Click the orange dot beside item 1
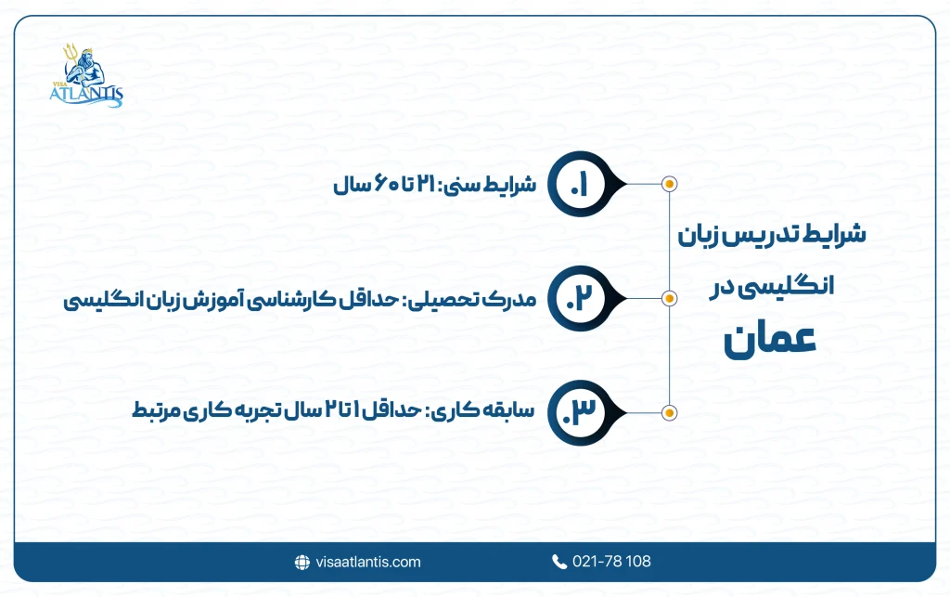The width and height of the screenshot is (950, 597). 670,183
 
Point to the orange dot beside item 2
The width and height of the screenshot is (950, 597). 670,298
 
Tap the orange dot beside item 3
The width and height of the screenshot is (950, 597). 670,412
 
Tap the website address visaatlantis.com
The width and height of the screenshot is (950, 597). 368,562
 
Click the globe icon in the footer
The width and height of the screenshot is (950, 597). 302,562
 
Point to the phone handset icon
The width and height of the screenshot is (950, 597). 558,562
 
